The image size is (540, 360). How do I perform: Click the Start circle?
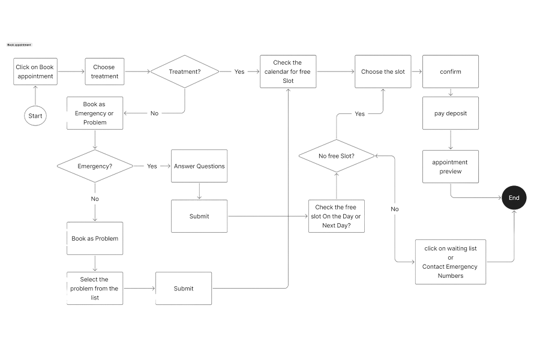[x=35, y=115]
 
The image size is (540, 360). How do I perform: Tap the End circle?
[x=514, y=198]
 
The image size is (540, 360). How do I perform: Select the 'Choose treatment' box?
[x=104, y=71]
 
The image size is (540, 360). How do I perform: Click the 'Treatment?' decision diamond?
[x=185, y=71]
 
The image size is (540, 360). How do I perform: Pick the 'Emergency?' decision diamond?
[x=95, y=166]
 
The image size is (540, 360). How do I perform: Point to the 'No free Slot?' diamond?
[x=336, y=156]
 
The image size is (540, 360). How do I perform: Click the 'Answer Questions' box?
[x=199, y=166]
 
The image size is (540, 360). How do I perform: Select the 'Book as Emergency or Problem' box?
[x=95, y=113]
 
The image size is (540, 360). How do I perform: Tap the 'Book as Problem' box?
[x=95, y=238]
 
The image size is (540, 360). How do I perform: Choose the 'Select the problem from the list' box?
[x=95, y=289]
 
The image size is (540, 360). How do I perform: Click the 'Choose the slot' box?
[x=383, y=71]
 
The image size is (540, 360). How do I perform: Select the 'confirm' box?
[x=451, y=71]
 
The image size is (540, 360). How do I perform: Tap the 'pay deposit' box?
[x=451, y=113]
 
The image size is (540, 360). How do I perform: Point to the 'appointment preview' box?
[x=451, y=167]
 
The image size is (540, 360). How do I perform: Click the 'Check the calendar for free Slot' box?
[x=288, y=71]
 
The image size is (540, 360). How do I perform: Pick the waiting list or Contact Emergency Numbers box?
[x=451, y=262]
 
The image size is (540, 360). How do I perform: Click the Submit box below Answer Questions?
[x=199, y=217]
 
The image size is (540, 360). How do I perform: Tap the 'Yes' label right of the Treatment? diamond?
[x=239, y=71]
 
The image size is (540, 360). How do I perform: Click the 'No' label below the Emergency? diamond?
[x=95, y=199]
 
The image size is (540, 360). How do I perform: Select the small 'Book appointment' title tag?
[x=19, y=45]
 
